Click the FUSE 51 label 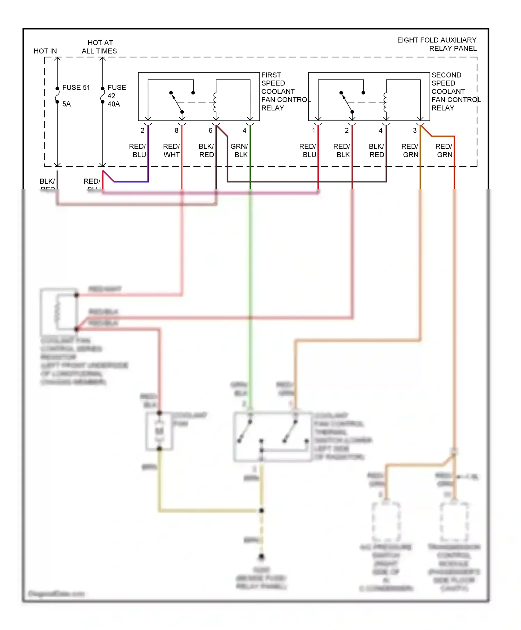pos(76,88)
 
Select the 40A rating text pos(114,104)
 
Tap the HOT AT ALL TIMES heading pos(100,47)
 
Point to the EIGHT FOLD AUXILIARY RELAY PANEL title pos(437,44)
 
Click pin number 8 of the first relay pos(176,131)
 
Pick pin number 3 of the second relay pos(414,131)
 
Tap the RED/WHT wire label pos(171,150)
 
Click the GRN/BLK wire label pos(239,150)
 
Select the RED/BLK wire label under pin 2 pos(341,150)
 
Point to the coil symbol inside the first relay pos(215,102)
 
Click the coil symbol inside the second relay pos(385,102)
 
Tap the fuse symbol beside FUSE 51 pos(57,95)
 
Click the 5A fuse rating pos(66,104)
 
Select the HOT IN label pos(45,51)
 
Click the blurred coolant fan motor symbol pos(159,431)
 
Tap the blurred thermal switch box pos(273,437)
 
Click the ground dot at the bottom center pos(262,557)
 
